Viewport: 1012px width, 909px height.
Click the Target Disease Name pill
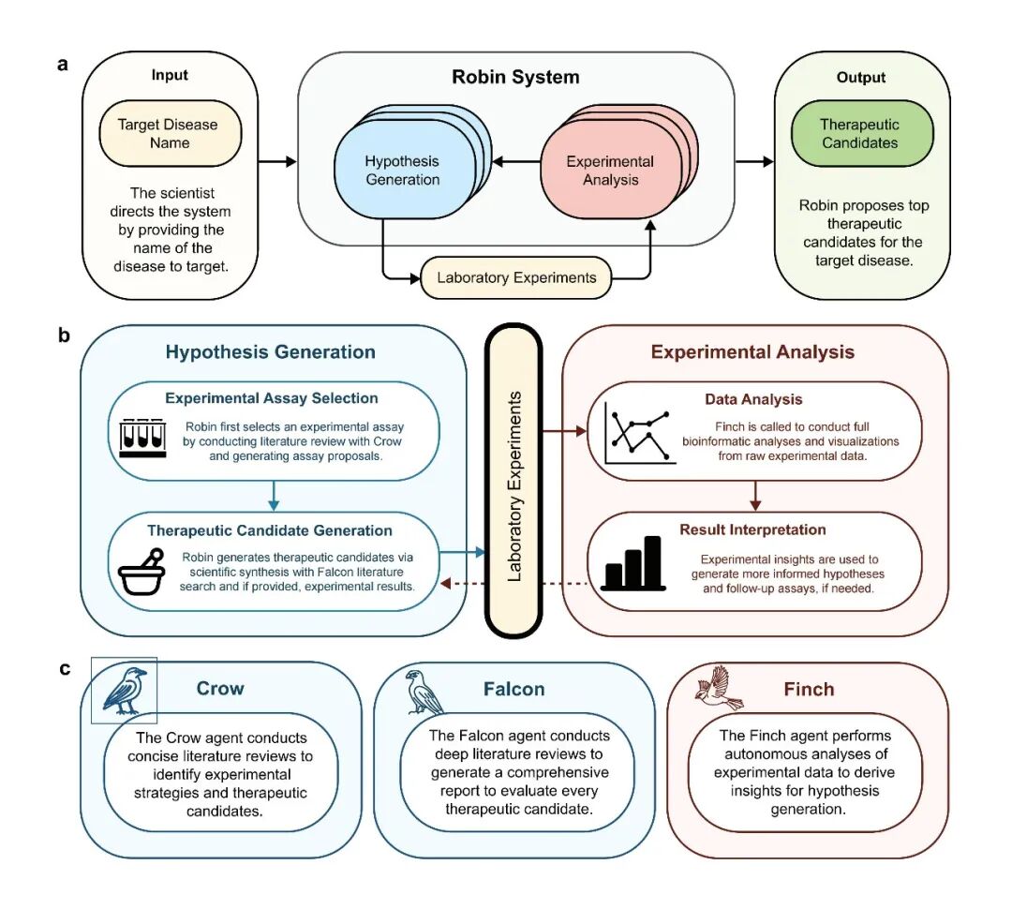(x=171, y=134)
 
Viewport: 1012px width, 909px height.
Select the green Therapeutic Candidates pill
(x=862, y=134)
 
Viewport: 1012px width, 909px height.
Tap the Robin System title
(x=515, y=77)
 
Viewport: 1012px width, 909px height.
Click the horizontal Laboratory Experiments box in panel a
(x=515, y=278)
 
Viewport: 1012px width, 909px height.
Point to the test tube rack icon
(x=142, y=439)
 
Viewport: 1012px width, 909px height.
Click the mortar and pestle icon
(x=142, y=572)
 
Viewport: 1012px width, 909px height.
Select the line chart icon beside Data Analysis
(x=639, y=434)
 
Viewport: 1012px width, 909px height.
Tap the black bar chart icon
(x=633, y=563)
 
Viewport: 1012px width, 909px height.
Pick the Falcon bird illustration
(x=424, y=692)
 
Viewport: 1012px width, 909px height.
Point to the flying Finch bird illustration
(x=719, y=689)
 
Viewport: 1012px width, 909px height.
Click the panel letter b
(x=64, y=335)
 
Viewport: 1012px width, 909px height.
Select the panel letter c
(x=65, y=669)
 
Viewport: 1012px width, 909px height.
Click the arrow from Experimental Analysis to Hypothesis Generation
(x=516, y=161)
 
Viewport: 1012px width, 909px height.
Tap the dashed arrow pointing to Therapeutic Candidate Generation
(x=513, y=584)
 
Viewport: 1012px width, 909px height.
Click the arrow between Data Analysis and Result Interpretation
(x=755, y=495)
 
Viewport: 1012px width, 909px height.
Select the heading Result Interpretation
(x=752, y=530)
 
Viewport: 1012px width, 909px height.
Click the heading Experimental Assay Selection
(x=272, y=398)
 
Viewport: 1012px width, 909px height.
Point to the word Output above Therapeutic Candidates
(x=861, y=78)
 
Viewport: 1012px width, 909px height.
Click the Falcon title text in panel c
(x=513, y=689)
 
